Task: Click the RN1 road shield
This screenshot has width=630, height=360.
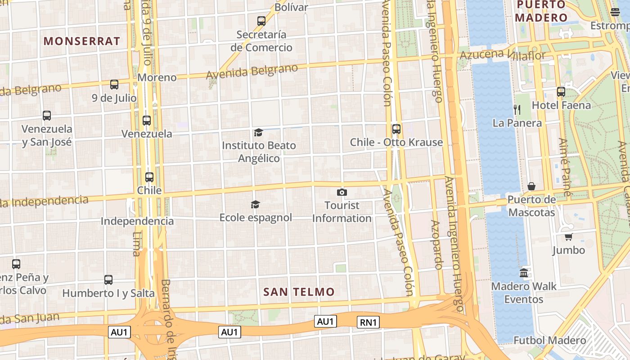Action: tap(369, 322)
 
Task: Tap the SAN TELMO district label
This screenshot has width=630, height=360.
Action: tap(299, 292)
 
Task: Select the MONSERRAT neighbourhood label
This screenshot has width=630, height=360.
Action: tap(82, 41)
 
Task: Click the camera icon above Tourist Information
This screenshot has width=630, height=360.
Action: tap(342, 193)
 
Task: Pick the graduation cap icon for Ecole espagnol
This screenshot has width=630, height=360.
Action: tap(255, 205)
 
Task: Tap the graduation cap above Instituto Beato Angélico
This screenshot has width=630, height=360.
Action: tap(258, 132)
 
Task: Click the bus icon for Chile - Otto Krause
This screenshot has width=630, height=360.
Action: tap(396, 129)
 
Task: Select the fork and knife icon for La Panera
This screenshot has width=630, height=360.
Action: tap(517, 109)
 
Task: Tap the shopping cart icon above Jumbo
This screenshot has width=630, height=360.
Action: tap(568, 237)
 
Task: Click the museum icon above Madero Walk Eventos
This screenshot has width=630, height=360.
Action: tap(524, 273)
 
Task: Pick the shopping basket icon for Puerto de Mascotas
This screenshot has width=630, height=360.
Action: tap(531, 186)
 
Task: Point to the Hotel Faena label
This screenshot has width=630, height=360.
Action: tap(561, 105)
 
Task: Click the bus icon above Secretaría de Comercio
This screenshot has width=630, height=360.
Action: tap(261, 21)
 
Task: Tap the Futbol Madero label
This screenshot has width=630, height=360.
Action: tap(550, 341)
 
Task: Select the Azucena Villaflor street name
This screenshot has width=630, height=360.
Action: tap(502, 55)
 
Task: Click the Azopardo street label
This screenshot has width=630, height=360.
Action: tap(437, 245)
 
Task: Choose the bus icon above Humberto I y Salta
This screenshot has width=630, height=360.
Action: tap(108, 280)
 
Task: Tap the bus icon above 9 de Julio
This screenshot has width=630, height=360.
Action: tap(114, 85)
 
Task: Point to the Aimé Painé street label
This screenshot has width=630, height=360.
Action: tap(565, 166)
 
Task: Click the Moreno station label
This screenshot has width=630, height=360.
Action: tap(157, 77)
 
